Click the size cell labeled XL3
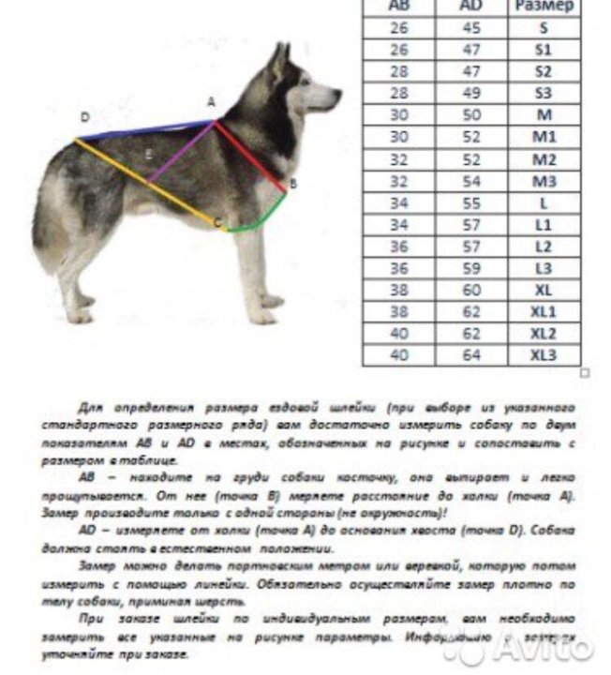pyautogui.click(x=544, y=355)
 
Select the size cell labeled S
pyautogui.click(x=544, y=28)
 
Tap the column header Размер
pyautogui.click(x=544, y=7)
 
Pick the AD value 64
pyautogui.click(x=471, y=355)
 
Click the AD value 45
pyautogui.click(x=471, y=28)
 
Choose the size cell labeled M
pyautogui.click(x=544, y=115)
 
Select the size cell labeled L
pyautogui.click(x=544, y=202)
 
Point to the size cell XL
pyautogui.click(x=544, y=290)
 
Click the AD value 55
pyautogui.click(x=471, y=202)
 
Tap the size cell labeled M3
pyautogui.click(x=544, y=181)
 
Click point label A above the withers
pyautogui.click(x=211, y=101)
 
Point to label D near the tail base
pyautogui.click(x=85, y=117)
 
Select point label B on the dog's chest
pyautogui.click(x=293, y=185)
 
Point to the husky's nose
pyautogui.click(x=336, y=93)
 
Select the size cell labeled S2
pyautogui.click(x=544, y=71)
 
